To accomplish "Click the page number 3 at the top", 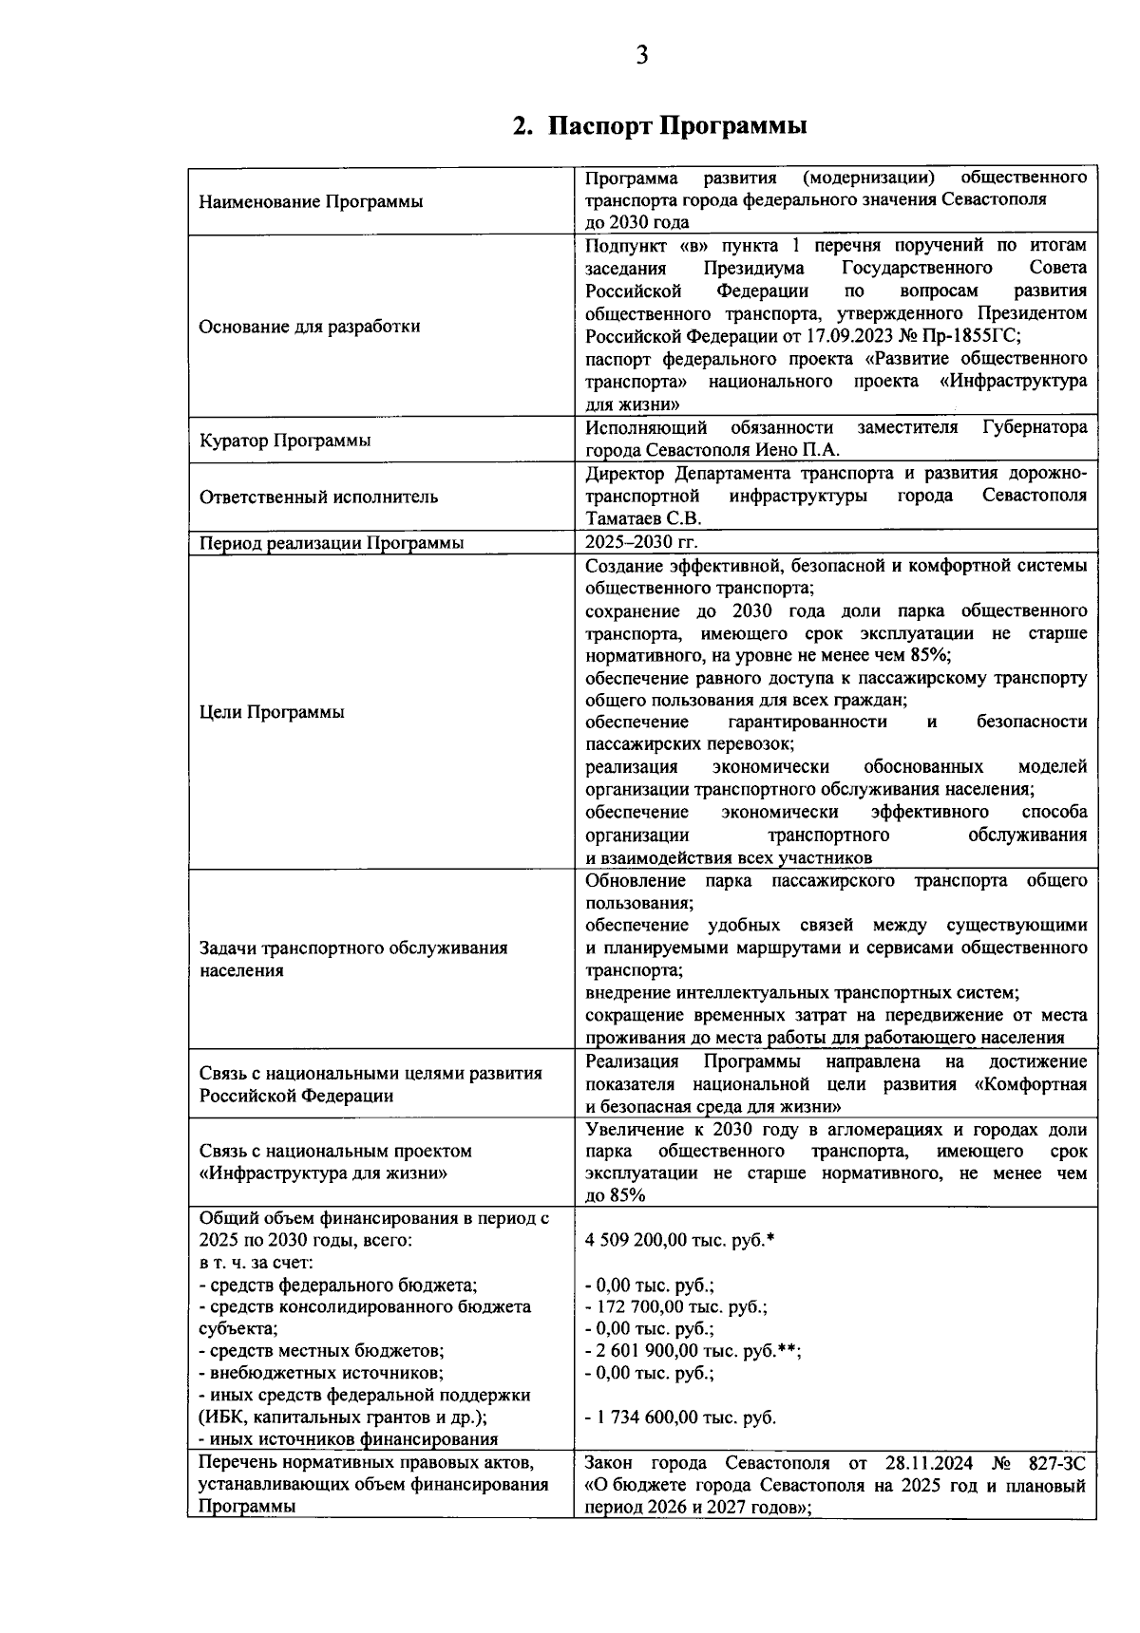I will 641,56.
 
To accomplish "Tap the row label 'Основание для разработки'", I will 309,327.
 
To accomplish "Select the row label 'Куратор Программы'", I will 285,441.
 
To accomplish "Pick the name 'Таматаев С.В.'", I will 642,518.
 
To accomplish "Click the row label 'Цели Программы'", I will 272,713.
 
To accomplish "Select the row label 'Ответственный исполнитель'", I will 318,497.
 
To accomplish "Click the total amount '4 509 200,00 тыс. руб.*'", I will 680,1240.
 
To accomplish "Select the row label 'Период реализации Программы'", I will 332,544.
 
